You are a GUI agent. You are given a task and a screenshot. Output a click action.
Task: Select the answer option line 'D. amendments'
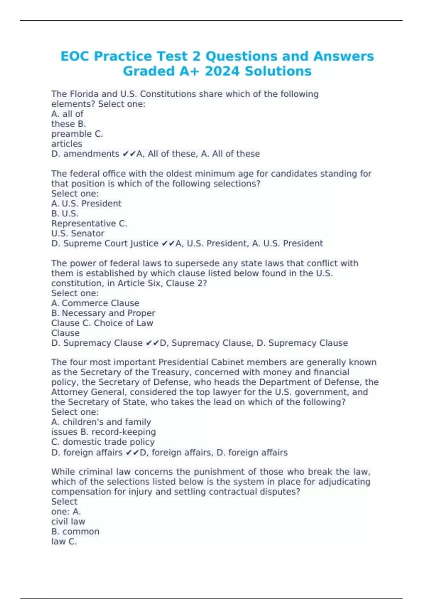click(x=85, y=154)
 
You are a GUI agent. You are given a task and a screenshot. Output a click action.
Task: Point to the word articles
click(x=67, y=144)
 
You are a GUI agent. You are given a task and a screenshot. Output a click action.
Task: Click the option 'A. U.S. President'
click(x=86, y=204)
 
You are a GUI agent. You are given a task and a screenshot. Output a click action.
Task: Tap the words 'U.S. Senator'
click(x=78, y=234)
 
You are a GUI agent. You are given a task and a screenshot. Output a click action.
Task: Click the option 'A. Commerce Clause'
click(x=95, y=303)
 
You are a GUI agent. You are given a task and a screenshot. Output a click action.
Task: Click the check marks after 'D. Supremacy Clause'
click(x=152, y=343)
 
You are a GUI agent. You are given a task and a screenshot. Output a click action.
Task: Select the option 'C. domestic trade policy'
click(x=103, y=442)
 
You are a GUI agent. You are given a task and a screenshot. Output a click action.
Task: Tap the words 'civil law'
click(x=68, y=522)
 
